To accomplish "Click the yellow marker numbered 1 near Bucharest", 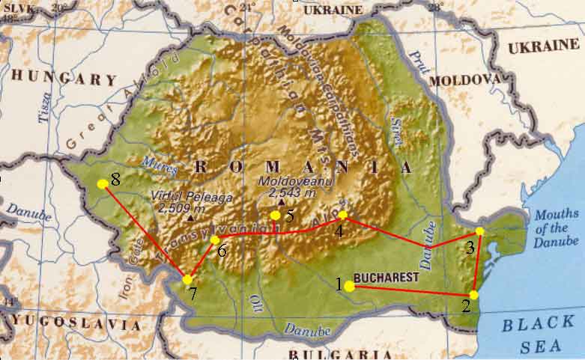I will [x=350, y=285].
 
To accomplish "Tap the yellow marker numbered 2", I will [x=473, y=295].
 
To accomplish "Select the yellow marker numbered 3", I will [x=480, y=231].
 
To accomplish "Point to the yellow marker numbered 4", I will [x=343, y=216].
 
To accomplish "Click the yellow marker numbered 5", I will [x=276, y=216].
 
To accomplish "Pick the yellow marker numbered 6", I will [x=215, y=240].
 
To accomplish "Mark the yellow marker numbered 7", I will [x=187, y=279].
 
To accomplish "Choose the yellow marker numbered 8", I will [x=103, y=183].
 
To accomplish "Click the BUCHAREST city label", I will [x=387, y=278].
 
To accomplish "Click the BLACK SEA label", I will [x=538, y=333].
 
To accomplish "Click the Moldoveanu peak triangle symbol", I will [x=281, y=202].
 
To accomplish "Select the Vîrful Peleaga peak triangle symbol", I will [x=190, y=218].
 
